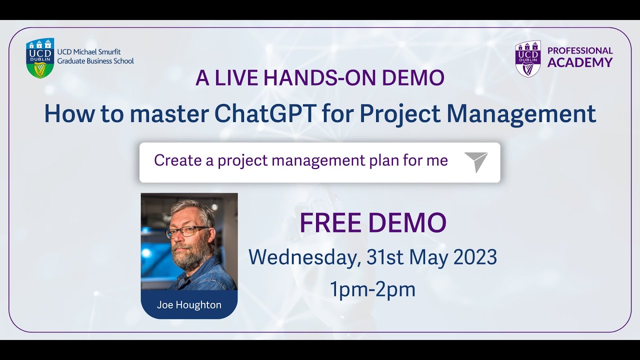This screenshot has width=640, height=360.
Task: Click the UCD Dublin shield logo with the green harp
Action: click(40, 58)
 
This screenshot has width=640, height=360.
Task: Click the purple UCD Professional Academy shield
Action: click(528, 58)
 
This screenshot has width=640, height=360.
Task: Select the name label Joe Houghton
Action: click(189, 305)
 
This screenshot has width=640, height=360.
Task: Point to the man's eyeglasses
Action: click(188, 231)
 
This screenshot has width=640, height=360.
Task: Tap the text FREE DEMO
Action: click(372, 223)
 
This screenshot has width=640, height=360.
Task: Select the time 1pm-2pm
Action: click(372, 289)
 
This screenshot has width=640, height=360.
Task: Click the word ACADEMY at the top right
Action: click(580, 62)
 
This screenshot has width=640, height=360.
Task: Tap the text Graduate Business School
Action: click(95, 61)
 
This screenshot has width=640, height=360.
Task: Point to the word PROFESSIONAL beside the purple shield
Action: click(580, 50)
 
